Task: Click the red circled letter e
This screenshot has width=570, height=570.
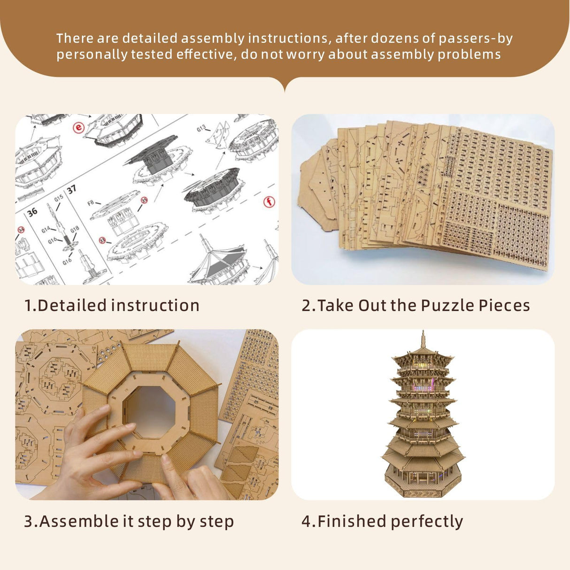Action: point(78,128)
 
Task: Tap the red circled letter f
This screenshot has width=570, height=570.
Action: point(269,202)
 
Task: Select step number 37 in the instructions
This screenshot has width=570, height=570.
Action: point(71,189)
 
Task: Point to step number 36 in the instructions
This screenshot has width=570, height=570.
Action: point(32,212)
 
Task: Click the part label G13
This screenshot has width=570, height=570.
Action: point(201,128)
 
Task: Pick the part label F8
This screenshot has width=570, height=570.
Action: point(91,203)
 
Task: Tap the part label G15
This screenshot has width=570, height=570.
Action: point(58,199)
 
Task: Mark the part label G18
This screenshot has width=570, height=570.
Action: point(75,229)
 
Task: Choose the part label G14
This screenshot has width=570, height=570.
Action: point(46,230)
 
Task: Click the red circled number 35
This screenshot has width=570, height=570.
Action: point(144,200)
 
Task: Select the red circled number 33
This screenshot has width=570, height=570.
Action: point(102,240)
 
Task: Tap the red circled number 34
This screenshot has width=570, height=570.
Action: point(21,230)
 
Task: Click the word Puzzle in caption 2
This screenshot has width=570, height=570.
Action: point(447,305)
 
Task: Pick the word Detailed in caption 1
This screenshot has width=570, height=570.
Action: point(72,305)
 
